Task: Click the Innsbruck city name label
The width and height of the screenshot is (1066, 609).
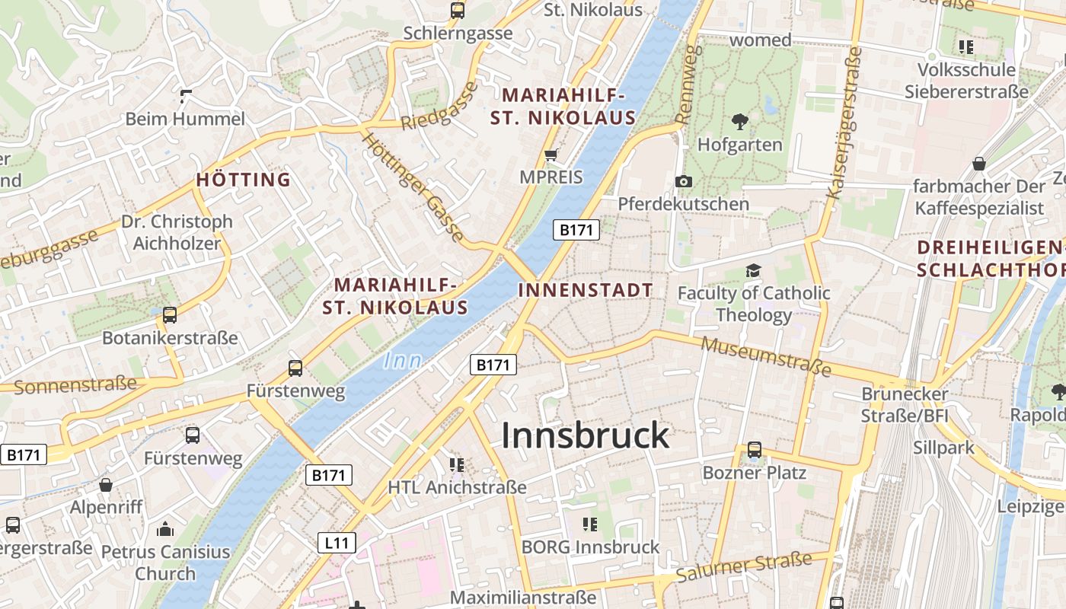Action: click(585, 435)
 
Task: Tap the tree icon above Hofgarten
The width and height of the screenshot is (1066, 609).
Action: click(739, 121)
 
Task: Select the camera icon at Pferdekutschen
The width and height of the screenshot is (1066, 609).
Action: click(683, 181)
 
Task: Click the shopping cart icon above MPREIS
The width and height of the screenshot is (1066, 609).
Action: click(551, 155)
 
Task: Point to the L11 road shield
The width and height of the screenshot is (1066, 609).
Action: click(337, 543)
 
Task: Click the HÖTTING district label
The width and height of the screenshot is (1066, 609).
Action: click(244, 180)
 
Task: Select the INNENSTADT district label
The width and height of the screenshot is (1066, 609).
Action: click(585, 290)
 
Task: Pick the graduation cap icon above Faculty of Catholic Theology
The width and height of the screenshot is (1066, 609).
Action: click(753, 270)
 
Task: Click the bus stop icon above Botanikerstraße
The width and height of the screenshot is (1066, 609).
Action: click(170, 314)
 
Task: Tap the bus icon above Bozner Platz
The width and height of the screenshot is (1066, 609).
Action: click(754, 449)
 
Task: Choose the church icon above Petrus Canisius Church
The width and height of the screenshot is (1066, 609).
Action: click(165, 529)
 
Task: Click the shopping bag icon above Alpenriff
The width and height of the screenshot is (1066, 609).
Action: click(106, 485)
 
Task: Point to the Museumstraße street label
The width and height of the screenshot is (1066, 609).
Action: click(765, 356)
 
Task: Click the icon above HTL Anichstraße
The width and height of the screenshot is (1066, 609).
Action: click(457, 464)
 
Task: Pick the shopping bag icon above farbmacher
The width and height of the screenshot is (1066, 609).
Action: click(978, 164)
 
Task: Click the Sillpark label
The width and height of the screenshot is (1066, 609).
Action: click(943, 447)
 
